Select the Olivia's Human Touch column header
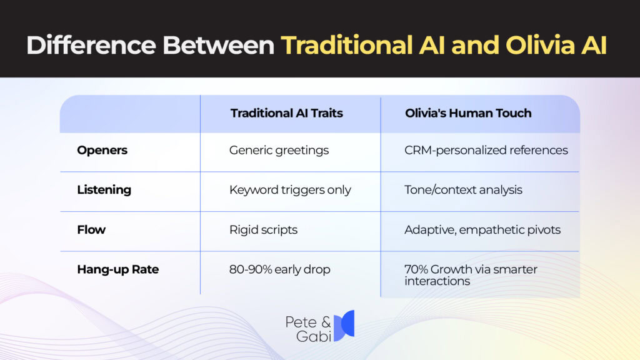[467, 113]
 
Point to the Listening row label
[104, 190]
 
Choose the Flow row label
[91, 229]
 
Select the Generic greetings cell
[279, 150]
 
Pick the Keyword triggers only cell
[290, 190]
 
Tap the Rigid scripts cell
[263, 229]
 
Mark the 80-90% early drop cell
[279, 269]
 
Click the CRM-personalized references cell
[486, 150]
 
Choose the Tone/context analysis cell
[463, 190]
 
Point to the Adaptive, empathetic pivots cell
[482, 229]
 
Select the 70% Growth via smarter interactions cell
[471, 275]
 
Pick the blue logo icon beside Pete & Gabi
[344, 326]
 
